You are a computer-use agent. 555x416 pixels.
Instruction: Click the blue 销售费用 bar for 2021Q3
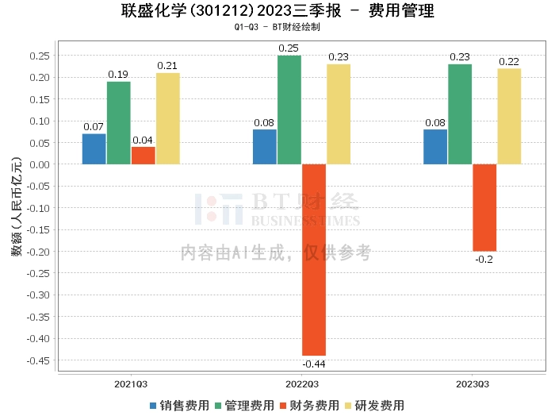pos(94,149)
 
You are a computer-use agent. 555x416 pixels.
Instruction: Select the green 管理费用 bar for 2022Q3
pos(289,110)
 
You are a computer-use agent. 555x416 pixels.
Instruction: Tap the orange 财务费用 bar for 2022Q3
pos(313,260)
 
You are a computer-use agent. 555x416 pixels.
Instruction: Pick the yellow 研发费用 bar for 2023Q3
pos(509,116)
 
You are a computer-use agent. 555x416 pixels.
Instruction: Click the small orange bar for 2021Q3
pos(143,156)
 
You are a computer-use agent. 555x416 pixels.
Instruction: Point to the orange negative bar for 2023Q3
pos(484,207)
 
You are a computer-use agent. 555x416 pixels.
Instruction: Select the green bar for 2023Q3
pos(460,114)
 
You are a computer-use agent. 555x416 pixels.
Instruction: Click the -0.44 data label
pos(314,364)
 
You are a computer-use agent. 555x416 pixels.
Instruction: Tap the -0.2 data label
pos(484,259)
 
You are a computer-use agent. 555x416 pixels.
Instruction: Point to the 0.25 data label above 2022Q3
pos(289,48)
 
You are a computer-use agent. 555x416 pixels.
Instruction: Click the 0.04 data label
pos(143,140)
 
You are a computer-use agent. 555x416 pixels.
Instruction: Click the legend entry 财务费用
pos(309,405)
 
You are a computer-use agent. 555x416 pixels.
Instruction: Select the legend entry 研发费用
pos(374,405)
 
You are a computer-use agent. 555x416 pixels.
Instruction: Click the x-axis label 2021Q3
pos(131,383)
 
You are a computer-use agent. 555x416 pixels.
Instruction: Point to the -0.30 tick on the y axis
pos(39,295)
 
